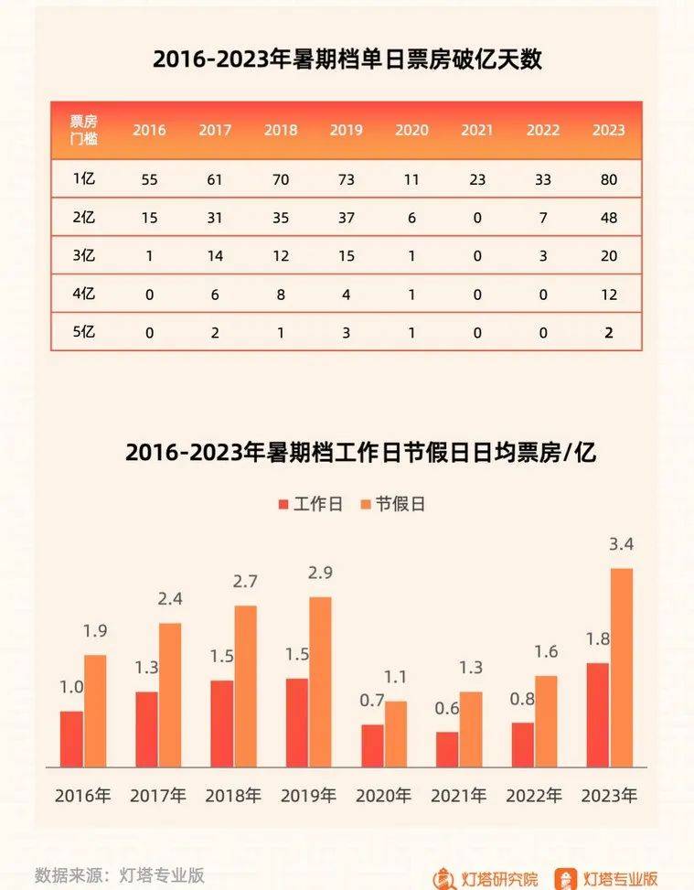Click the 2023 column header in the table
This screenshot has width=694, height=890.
pyautogui.click(x=608, y=130)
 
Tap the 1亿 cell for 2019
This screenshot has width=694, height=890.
pyautogui.click(x=346, y=180)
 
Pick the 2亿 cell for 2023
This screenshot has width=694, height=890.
pyautogui.click(x=608, y=218)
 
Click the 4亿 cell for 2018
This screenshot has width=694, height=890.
pyautogui.click(x=281, y=295)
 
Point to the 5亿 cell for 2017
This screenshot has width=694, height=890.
pyautogui.click(x=215, y=333)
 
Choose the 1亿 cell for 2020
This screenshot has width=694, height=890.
pyautogui.click(x=411, y=180)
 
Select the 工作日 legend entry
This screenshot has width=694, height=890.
pyautogui.click(x=309, y=504)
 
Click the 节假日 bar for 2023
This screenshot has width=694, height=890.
pyautogui.click(x=622, y=667)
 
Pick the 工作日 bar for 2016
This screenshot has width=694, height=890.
pyautogui.click(x=71, y=738)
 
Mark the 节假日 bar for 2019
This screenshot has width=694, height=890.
pyautogui.click(x=321, y=681)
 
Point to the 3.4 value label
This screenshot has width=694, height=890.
pyautogui.click(x=622, y=545)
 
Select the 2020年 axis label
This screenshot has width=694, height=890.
pyautogui.click(x=383, y=796)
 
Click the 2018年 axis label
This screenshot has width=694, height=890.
pyautogui.click(x=233, y=796)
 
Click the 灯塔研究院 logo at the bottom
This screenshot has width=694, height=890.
pyautogui.click(x=485, y=876)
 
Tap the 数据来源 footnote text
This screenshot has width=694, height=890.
pyautogui.click(x=119, y=874)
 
